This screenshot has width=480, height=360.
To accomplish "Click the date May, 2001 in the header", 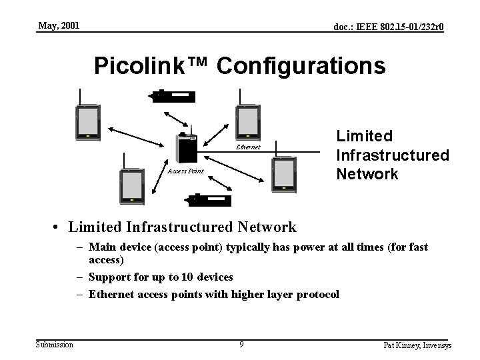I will (59, 26).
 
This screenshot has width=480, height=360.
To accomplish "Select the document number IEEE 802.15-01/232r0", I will (389, 27).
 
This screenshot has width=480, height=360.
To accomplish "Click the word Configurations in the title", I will (301, 66).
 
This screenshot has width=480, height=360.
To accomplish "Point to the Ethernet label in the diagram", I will (249, 147).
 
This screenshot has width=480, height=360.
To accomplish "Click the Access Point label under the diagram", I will (185, 171).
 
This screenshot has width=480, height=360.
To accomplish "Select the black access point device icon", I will (186, 147).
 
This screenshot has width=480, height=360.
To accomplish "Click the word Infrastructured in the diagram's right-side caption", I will (393, 155).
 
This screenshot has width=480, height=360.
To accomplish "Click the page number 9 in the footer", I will (241, 345).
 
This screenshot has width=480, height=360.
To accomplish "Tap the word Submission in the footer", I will (55, 344).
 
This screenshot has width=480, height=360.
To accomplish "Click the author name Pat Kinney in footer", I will (399, 345).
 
